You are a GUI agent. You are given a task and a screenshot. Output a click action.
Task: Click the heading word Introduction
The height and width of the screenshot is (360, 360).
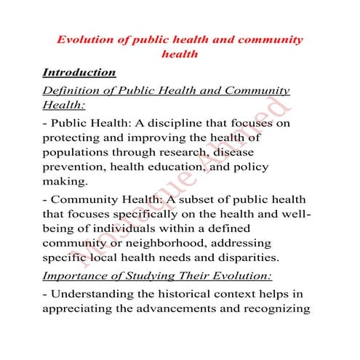coord(79,73)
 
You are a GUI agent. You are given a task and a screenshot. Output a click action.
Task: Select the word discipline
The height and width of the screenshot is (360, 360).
coord(183,123)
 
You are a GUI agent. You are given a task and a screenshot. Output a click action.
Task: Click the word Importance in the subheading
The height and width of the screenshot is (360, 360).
coord(76,276)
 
